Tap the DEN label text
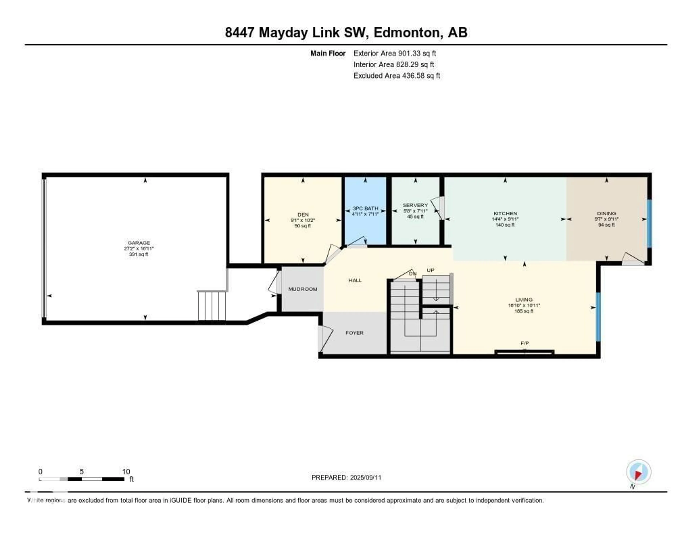click(x=303, y=215)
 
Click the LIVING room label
click(x=524, y=300)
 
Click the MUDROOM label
click(x=303, y=289)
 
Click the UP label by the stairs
click(x=430, y=270)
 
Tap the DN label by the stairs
click(x=412, y=274)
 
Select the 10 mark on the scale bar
click(x=126, y=472)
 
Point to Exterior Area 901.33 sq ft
click(x=394, y=53)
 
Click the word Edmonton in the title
click(x=408, y=33)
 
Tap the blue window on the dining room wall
click(x=649, y=223)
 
